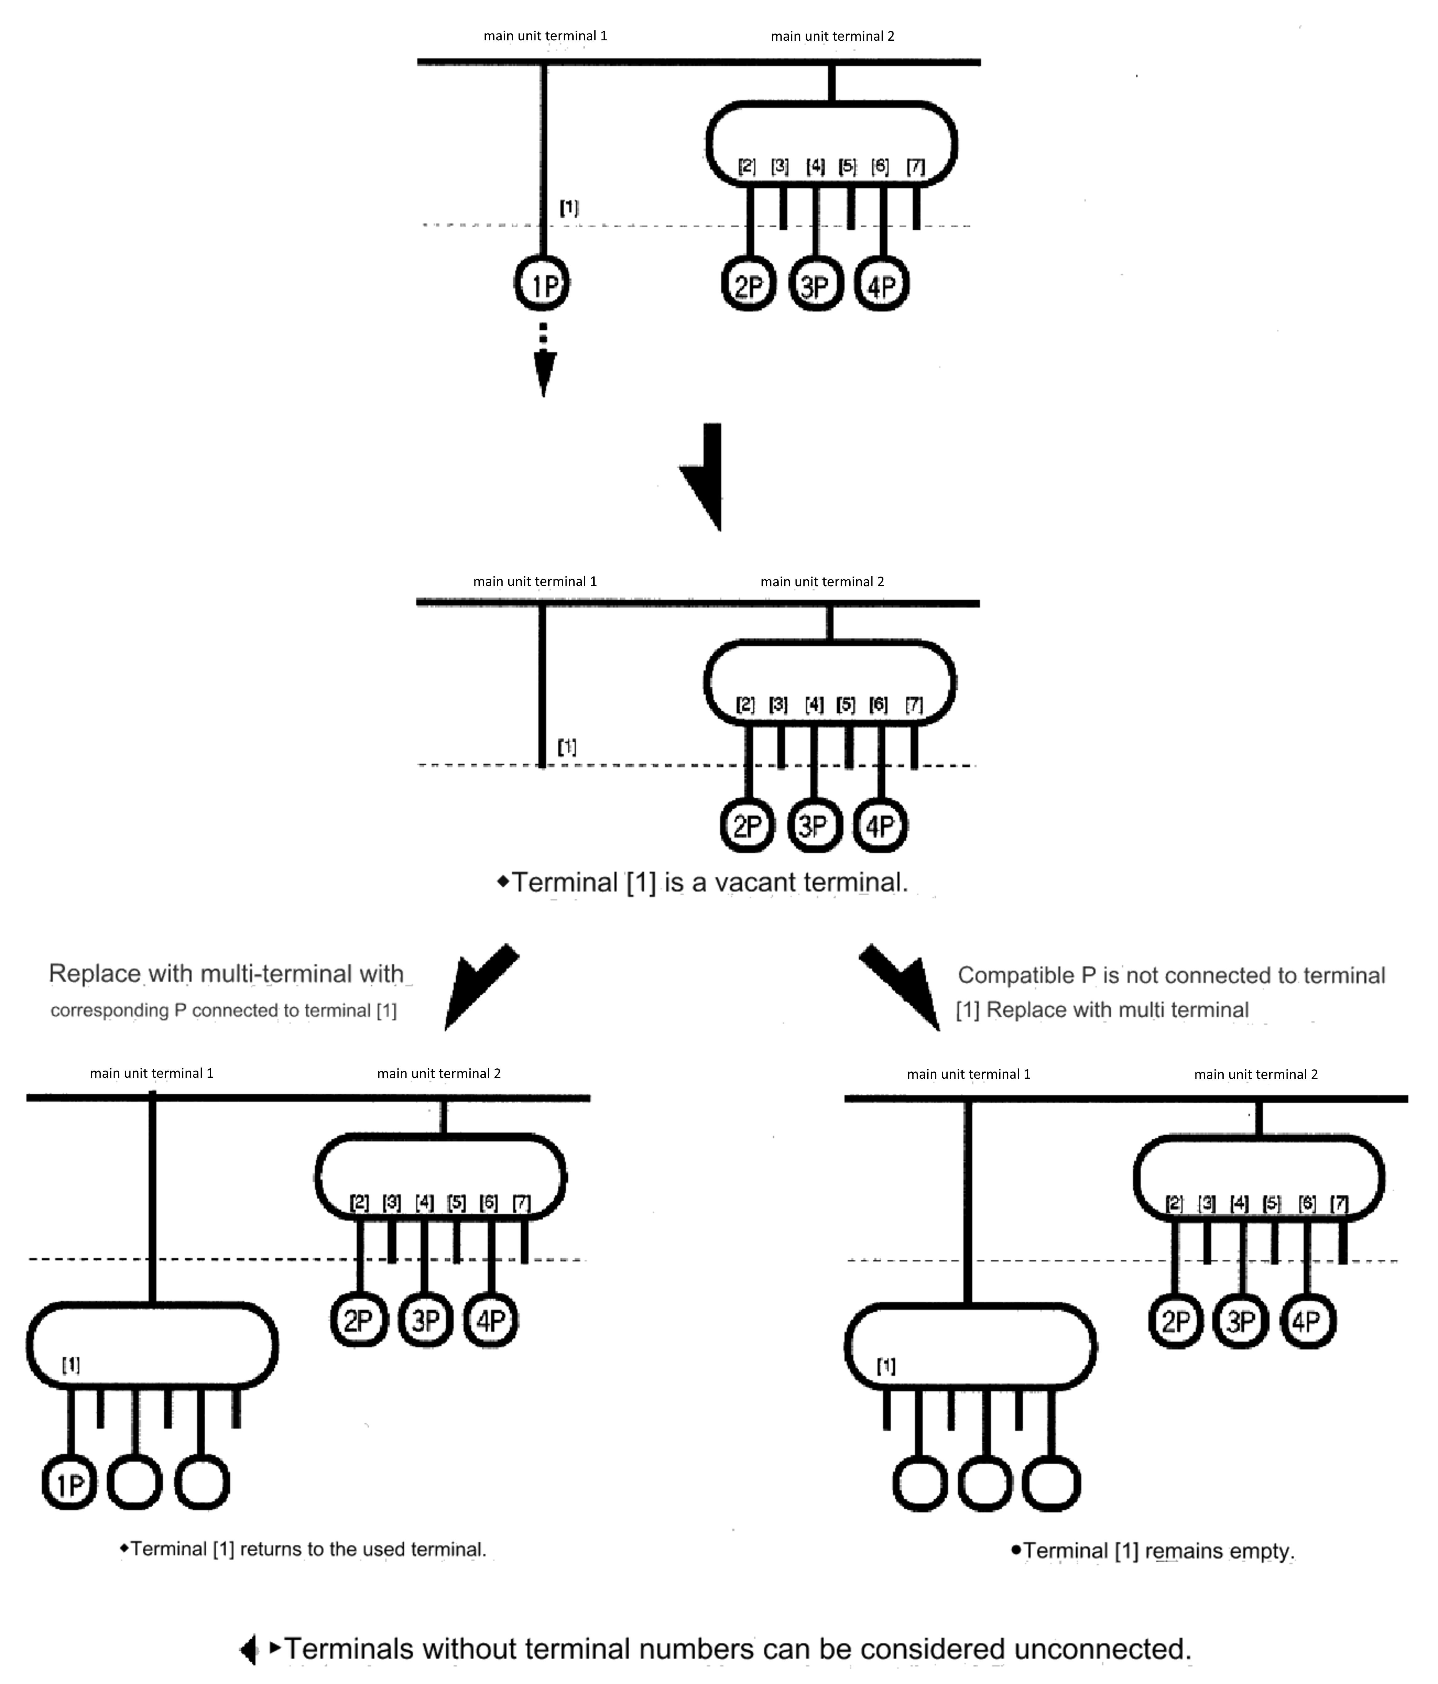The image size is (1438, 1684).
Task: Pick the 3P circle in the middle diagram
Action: [x=814, y=827]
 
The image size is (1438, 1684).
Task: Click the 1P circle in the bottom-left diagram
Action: [x=70, y=1485]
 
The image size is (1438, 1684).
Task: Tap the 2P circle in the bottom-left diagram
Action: [x=359, y=1321]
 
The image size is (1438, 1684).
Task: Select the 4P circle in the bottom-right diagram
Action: [x=1307, y=1321]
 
